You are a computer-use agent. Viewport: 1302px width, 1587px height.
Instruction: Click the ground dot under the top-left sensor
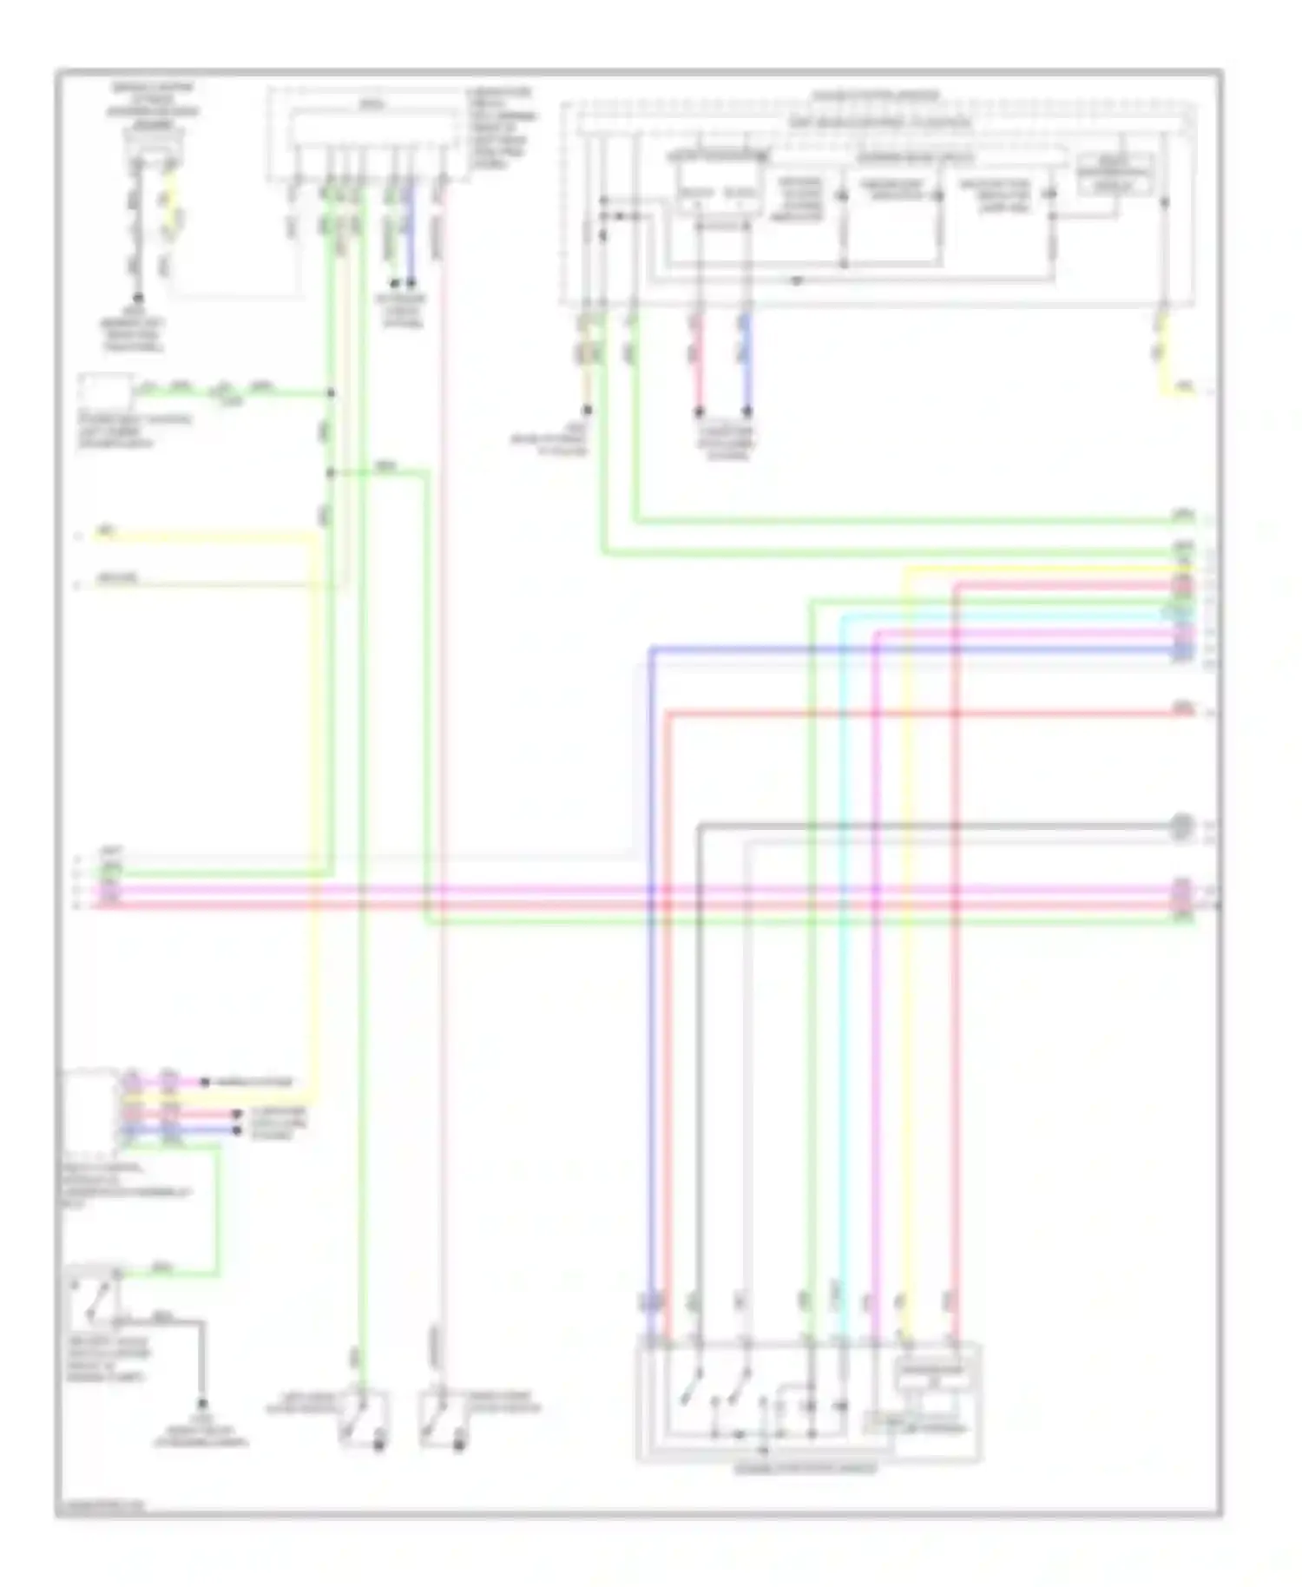coord(137,298)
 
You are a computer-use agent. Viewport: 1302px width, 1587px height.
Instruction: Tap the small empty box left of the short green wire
coord(106,392)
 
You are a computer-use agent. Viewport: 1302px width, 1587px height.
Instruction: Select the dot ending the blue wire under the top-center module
coord(411,283)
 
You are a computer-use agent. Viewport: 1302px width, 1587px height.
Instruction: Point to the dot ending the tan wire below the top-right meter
coord(588,411)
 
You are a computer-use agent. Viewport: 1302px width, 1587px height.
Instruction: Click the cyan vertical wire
coord(840,955)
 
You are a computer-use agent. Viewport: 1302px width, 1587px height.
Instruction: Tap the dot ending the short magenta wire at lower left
coord(205,1083)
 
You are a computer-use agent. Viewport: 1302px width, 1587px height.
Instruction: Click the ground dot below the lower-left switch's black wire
coord(203,1403)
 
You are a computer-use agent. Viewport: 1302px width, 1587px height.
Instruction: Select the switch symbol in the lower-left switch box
coord(97,1296)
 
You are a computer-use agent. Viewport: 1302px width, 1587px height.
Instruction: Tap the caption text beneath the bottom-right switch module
coord(806,1468)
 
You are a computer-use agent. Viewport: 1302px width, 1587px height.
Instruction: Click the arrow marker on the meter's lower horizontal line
coord(796,280)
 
